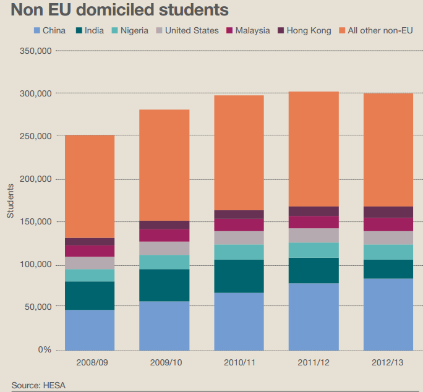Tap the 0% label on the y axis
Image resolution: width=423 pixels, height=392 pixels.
tap(45, 350)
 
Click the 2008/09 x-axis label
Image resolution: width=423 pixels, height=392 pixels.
tap(90, 362)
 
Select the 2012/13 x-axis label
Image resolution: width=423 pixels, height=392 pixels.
tap(388, 362)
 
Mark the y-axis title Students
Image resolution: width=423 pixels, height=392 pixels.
tap(11, 201)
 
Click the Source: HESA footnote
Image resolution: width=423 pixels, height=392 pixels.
tap(38, 386)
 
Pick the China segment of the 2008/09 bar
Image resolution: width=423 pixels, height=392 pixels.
tap(90, 330)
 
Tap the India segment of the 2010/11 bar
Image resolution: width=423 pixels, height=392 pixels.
tap(239, 276)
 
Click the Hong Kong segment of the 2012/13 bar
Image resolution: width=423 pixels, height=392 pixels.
tap(388, 212)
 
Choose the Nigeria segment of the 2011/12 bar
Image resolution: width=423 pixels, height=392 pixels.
tap(314, 250)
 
